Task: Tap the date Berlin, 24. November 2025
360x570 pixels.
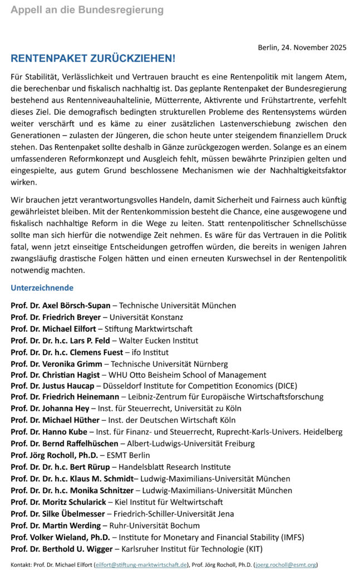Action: click(x=302, y=47)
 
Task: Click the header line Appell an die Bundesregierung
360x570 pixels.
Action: click(x=87, y=10)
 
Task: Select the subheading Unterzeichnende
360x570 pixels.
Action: click(x=42, y=288)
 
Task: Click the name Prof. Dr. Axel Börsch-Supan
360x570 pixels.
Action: click(x=61, y=306)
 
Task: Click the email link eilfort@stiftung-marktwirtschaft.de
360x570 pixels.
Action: click(x=141, y=564)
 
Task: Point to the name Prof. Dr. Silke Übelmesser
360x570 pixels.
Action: click(x=60, y=514)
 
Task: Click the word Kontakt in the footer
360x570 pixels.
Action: click(x=21, y=564)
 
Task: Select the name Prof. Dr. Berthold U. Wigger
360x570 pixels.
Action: click(x=62, y=549)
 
